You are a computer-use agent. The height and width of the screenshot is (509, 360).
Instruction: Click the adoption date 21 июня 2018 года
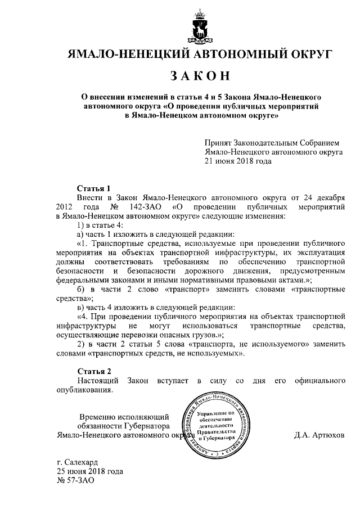click(x=238, y=161)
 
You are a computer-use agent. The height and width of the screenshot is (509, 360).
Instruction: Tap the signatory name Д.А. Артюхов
click(x=319, y=435)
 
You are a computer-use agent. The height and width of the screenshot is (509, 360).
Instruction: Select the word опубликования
click(x=85, y=390)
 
